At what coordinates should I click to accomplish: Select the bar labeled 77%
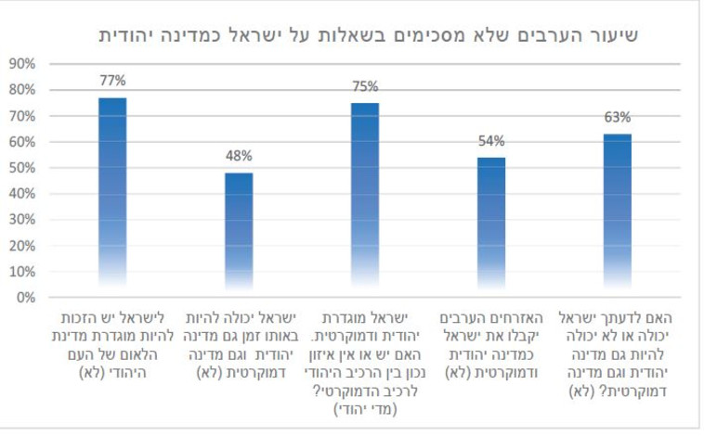(x=112, y=195)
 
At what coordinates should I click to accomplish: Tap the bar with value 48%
(x=239, y=232)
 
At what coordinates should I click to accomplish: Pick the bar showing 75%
(x=365, y=198)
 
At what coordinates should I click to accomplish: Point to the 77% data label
(x=112, y=81)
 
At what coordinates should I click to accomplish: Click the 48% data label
(x=239, y=156)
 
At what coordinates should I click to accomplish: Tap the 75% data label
(x=365, y=86)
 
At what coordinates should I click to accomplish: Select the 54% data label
(x=491, y=141)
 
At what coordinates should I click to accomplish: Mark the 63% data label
(x=618, y=117)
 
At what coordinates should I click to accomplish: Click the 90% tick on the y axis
(x=21, y=64)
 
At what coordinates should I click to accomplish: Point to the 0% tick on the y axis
(x=24, y=298)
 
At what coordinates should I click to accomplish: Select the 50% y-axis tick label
(x=21, y=168)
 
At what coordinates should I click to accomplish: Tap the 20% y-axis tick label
(x=21, y=246)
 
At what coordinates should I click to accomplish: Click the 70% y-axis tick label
(x=21, y=116)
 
